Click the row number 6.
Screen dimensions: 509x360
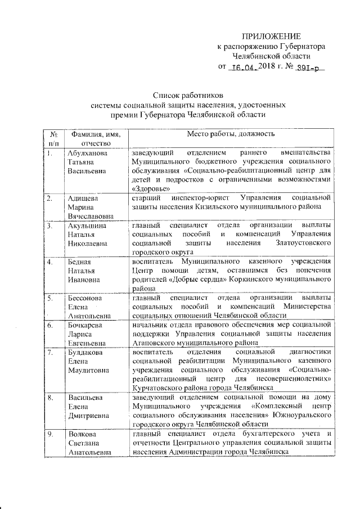click(50, 325)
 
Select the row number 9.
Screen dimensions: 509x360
click(50, 434)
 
